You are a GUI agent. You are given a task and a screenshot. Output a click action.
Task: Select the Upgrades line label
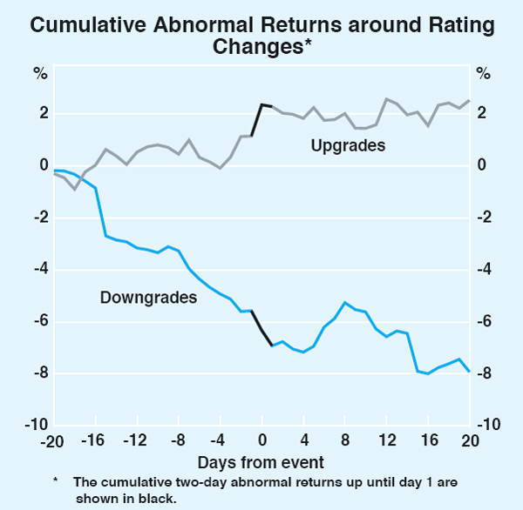(348, 145)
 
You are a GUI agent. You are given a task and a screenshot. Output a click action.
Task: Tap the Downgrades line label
(148, 297)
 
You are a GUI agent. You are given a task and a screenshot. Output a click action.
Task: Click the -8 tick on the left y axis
(37, 374)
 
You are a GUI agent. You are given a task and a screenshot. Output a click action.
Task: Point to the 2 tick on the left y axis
(41, 114)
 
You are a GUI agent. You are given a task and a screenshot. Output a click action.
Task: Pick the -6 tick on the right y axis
(486, 322)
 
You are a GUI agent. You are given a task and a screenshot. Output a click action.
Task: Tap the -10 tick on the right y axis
(490, 425)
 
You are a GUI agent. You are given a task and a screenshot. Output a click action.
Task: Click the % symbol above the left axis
(40, 73)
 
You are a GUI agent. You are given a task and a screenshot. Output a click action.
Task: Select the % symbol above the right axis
(483, 73)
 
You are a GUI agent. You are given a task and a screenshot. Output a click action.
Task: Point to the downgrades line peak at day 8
(345, 303)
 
